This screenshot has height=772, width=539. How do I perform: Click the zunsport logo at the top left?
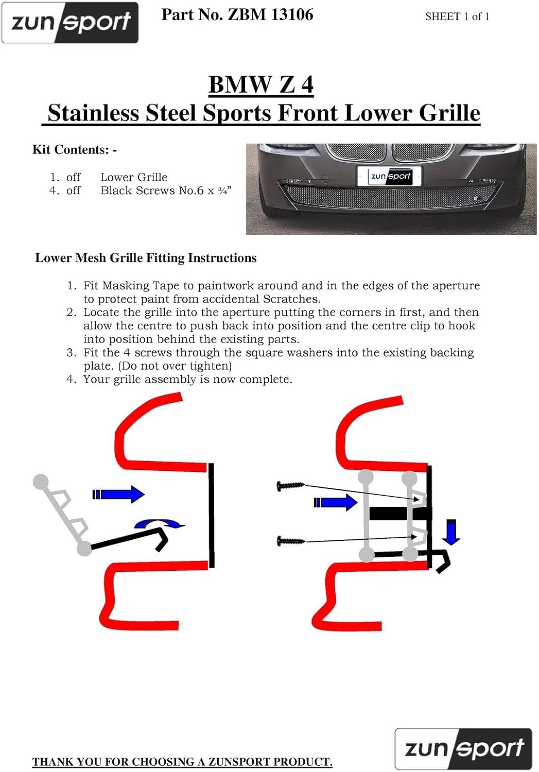coord(70,23)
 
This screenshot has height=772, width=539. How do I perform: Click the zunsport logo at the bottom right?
coord(463,749)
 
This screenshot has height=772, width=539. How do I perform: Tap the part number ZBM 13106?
coord(270,15)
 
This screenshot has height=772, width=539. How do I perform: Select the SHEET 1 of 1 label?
coord(457,16)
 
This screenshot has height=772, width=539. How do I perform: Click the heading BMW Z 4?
coord(261,84)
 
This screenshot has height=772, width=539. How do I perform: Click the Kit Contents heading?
coord(75,150)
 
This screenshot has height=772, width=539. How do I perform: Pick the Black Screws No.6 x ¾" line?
coord(166,190)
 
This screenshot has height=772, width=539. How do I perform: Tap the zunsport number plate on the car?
coord(389,176)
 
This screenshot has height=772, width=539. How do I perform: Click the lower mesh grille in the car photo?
coord(389,197)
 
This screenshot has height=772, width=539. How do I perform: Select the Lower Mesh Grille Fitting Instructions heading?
coord(146,258)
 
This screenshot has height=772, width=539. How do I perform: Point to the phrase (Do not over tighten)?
coord(175,365)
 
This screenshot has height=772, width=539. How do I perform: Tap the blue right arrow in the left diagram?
coord(118,494)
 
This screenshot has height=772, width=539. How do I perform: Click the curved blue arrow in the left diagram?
coord(159,523)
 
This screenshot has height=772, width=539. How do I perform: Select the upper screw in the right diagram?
coord(290,486)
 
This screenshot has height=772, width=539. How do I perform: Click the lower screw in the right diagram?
coord(291,541)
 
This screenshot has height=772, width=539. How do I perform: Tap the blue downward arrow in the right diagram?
coord(451,532)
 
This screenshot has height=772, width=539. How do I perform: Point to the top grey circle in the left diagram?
coord(41,481)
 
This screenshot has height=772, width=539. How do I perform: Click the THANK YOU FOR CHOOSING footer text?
coord(182,761)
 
